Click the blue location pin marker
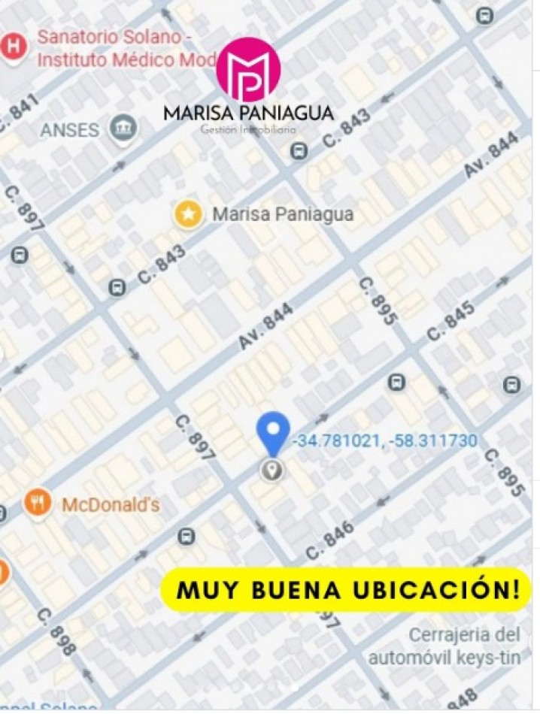click(x=272, y=431)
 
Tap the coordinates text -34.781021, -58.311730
click(x=384, y=440)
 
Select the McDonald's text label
click(x=111, y=505)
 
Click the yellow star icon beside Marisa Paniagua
click(x=189, y=214)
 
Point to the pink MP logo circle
click(x=248, y=69)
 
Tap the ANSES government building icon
click(x=122, y=129)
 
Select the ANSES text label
click(x=69, y=130)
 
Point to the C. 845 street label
click(x=451, y=321)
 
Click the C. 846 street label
click(x=329, y=545)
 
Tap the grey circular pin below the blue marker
click(x=272, y=470)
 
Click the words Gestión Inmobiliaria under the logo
click(x=248, y=129)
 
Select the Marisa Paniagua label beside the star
click(x=283, y=214)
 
